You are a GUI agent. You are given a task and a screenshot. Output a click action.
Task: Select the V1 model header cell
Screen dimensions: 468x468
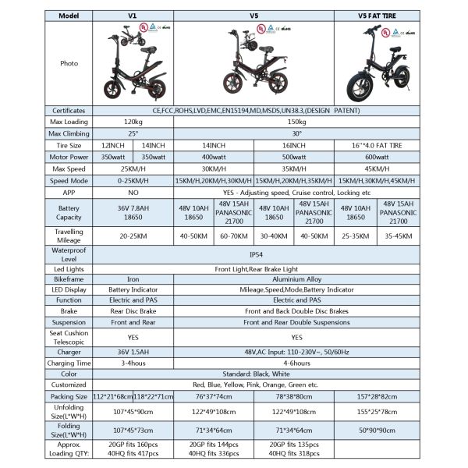pos(133,14)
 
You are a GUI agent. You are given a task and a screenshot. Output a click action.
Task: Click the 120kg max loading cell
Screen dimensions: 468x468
pos(133,123)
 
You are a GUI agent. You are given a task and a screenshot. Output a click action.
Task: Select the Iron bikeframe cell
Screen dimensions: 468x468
pos(133,278)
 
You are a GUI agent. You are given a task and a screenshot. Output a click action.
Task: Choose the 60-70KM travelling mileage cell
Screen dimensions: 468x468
pos(235,238)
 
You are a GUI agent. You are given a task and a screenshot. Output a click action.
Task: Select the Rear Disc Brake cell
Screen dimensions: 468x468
pos(133,310)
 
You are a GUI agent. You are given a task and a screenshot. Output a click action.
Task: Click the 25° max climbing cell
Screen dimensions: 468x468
pos(133,134)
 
